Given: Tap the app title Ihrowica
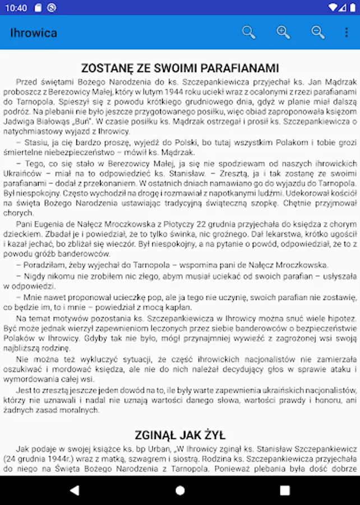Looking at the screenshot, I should pos(34,33).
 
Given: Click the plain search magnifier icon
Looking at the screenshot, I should pos(248,32).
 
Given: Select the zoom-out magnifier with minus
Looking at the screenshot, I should pos(318,32).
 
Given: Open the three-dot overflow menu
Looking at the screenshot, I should pos(347,32).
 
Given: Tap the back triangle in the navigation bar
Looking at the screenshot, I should pos(75,490).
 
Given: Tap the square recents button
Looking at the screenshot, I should pos(285,490).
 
